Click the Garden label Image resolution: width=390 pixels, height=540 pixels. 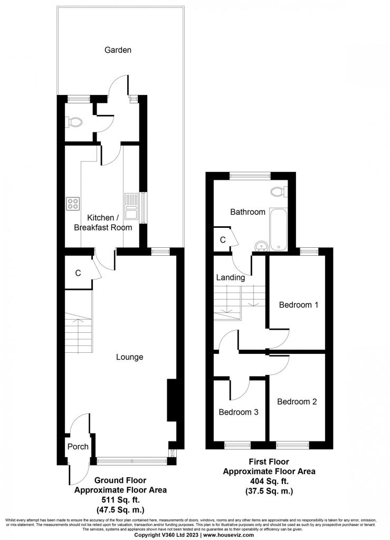[x=118, y=50]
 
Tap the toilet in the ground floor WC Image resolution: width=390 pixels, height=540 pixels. [x=75, y=122]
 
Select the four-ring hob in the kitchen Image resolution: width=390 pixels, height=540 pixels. [x=73, y=204]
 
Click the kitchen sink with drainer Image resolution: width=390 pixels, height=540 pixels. [x=131, y=206]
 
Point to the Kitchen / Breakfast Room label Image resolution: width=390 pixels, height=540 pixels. [x=103, y=223]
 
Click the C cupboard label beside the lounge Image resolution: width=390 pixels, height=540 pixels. [x=78, y=273]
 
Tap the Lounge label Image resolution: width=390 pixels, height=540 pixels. [x=129, y=357]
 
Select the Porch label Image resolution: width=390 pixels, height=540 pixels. [x=78, y=447]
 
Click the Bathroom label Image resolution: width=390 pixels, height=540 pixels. [x=248, y=212]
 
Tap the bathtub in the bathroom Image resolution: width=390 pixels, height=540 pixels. [x=278, y=229]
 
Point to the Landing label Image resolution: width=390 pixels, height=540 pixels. [x=231, y=277]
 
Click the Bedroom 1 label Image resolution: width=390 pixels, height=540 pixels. [x=298, y=305]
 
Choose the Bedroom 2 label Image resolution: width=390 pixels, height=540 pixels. [x=297, y=401]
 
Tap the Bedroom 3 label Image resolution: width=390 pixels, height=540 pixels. [x=239, y=412]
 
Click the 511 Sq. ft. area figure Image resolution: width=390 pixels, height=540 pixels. [x=120, y=500]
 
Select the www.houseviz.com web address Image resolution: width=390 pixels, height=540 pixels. [x=229, y=535]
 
